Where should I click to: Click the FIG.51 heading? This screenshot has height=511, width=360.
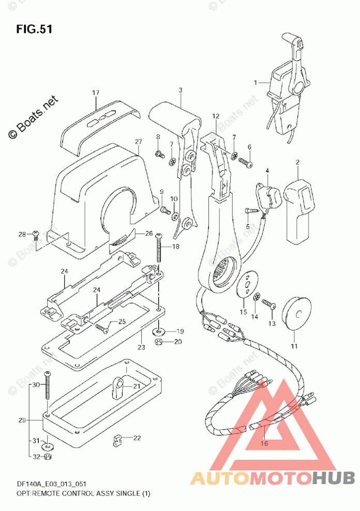tap(34, 29)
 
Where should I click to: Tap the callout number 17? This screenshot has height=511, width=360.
tap(96, 93)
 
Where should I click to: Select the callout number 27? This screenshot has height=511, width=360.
tap(139, 141)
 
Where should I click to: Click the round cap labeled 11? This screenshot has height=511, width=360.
tap(296, 315)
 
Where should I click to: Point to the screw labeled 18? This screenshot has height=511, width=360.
tap(159, 248)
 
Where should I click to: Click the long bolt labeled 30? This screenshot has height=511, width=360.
tap(48, 385)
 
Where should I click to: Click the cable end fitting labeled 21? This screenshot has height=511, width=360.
tap(117, 387)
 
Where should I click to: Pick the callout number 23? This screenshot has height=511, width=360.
tap(141, 348)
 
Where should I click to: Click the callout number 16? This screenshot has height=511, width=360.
tap(264, 443)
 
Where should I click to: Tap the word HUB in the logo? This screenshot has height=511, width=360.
tap(333, 478)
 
